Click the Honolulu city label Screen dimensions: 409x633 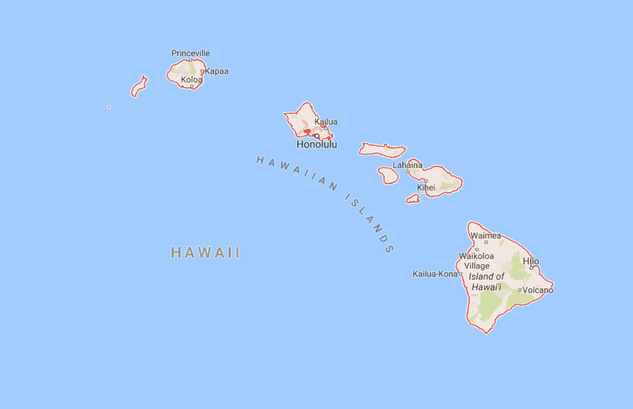click(x=316, y=145)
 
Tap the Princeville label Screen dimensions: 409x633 click(x=190, y=53)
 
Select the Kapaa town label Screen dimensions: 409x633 click(x=216, y=71)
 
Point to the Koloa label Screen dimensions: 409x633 click(x=191, y=80)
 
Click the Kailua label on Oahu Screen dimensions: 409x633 click(x=326, y=122)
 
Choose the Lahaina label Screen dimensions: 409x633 click(x=407, y=165)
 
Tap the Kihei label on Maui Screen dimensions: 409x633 click(x=426, y=187)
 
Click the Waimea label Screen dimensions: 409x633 click(x=486, y=235)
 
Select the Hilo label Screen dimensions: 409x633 click(x=531, y=261)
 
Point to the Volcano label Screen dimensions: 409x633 click(x=537, y=290)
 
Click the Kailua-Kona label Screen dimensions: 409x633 click(x=435, y=274)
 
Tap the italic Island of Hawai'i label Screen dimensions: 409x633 click(x=486, y=282)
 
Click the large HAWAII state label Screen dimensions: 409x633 click(x=205, y=253)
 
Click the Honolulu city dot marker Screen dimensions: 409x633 click(x=317, y=136)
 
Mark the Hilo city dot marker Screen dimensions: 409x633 click(x=531, y=268)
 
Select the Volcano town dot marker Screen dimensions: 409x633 click(x=520, y=290)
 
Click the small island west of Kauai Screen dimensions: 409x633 click(x=139, y=87)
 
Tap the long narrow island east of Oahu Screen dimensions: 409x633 click(x=382, y=150)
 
